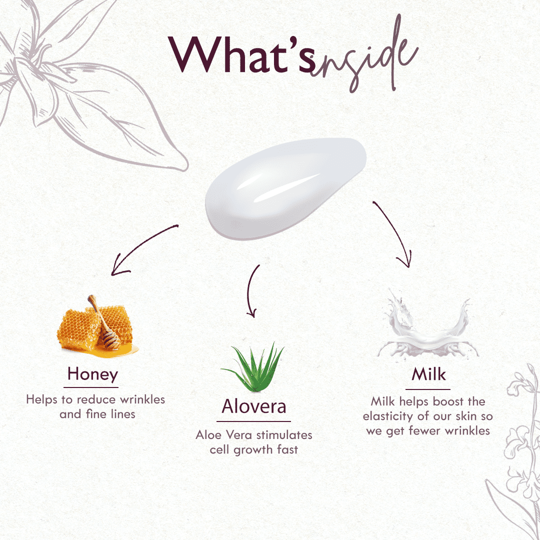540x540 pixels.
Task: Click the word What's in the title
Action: (242, 54)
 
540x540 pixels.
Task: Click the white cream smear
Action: (285, 188)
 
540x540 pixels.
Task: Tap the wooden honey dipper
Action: (104, 321)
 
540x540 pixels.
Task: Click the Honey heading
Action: (92, 374)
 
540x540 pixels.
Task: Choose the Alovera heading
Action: (254, 406)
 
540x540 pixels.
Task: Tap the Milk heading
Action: (429, 374)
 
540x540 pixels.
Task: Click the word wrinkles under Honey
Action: (142, 399)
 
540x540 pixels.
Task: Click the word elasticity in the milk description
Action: (388, 416)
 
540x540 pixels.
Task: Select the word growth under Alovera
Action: (258, 450)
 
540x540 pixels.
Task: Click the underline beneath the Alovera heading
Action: (254, 421)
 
